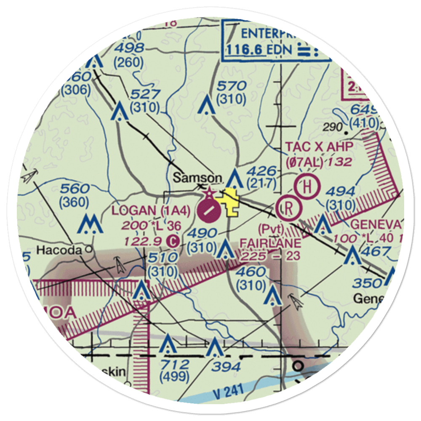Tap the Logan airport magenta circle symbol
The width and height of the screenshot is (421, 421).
click(x=209, y=211)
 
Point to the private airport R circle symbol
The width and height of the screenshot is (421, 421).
click(x=289, y=208)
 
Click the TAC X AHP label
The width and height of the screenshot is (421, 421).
click(x=318, y=147)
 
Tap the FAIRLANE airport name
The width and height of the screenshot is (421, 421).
click(x=270, y=243)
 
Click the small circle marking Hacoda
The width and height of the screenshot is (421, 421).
click(x=88, y=249)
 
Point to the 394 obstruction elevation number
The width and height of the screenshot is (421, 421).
click(x=226, y=366)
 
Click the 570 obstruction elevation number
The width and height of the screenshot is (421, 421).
click(x=231, y=86)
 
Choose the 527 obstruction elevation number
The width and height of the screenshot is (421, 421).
click(x=145, y=94)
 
